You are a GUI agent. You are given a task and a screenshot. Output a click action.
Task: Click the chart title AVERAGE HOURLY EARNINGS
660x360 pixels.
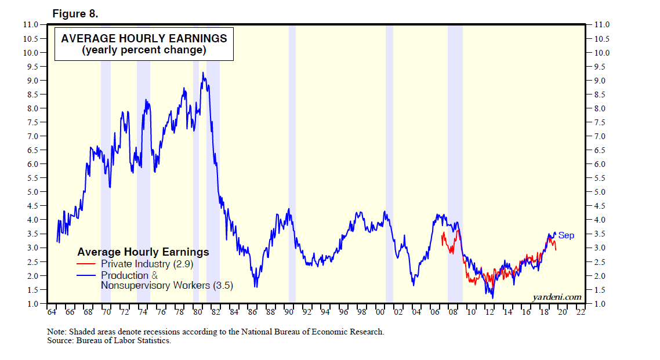[x=144, y=39]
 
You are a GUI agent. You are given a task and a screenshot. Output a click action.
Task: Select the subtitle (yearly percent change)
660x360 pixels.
[x=144, y=50]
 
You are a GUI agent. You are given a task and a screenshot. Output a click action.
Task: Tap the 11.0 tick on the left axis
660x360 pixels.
[x=32, y=25]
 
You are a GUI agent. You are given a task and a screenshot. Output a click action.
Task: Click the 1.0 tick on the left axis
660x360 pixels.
[x=32, y=304]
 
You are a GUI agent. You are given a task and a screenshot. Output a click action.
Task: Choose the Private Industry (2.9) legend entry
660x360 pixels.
[x=147, y=264]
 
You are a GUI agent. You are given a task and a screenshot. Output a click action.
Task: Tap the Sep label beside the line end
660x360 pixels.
[x=566, y=235]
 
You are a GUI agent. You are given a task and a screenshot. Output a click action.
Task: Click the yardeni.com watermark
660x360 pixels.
[x=557, y=297]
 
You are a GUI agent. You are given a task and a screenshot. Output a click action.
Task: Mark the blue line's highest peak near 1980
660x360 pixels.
[x=202, y=73]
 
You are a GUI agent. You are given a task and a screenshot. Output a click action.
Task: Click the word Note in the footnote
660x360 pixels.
[x=56, y=332]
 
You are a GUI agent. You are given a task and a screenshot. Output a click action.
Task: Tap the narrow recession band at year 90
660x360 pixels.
[x=292, y=162]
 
